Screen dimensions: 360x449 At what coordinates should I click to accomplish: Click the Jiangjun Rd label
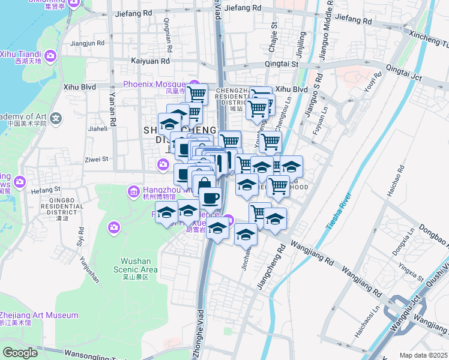[x=87, y=43]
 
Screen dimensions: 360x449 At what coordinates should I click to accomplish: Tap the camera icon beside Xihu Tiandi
[x=50, y=56]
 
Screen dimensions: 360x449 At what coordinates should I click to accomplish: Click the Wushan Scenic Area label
[x=139, y=265]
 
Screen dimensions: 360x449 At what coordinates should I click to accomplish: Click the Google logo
[x=20, y=353]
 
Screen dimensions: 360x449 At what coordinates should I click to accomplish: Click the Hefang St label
[x=41, y=190]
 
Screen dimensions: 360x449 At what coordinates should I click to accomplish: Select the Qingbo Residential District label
[x=59, y=207]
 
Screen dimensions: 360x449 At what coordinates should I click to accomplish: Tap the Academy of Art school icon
[x=56, y=117]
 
